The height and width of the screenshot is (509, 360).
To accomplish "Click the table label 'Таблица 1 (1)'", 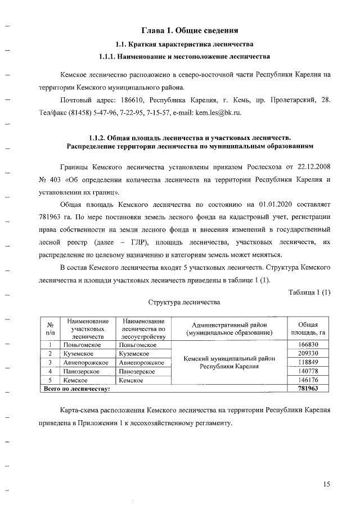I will (x=309, y=291).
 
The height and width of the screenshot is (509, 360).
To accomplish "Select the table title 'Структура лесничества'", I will (x=184, y=302).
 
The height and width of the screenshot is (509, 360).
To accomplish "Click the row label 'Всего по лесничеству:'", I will (x=78, y=389).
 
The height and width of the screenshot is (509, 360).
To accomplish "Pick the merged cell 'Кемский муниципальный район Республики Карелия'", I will (x=228, y=362).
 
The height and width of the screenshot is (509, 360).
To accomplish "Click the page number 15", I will (x=327, y=484).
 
